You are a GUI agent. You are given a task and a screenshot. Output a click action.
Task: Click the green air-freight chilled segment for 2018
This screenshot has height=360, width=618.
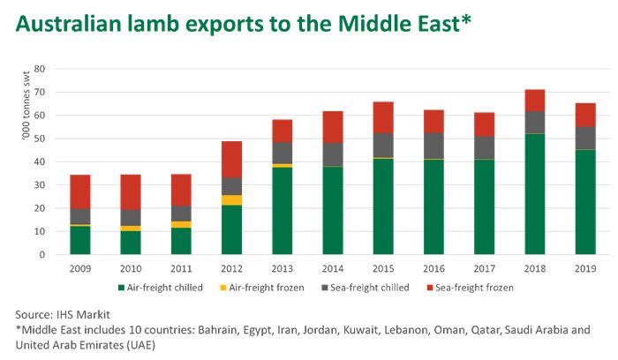[534, 194]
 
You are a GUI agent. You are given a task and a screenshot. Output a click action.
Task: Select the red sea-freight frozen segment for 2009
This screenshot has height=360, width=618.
[80, 191]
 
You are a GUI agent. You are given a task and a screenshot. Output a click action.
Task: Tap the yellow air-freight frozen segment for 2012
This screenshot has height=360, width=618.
[231, 200]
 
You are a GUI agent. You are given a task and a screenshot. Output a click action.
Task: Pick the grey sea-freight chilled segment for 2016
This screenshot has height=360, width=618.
[433, 146]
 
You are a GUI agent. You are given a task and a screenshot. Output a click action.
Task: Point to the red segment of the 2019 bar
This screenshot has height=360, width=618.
[584, 115]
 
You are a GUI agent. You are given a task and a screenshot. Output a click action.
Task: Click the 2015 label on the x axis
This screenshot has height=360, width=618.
[382, 266]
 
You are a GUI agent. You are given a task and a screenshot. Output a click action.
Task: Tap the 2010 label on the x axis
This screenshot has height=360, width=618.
[131, 266]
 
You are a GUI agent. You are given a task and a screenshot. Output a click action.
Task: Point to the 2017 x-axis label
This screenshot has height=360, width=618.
[484, 266]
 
